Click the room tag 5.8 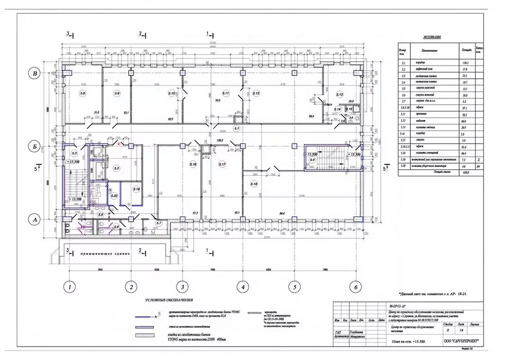(83, 93)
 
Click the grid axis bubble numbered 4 (242, 287)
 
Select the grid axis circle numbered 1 (70, 287)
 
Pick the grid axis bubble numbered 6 (355, 287)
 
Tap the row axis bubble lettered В (34, 74)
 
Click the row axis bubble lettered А (34, 218)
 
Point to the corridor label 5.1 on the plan (237, 129)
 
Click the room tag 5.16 (193, 164)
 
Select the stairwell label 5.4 (312, 160)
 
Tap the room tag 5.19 (135, 189)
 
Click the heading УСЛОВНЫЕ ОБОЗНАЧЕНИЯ (169, 301)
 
